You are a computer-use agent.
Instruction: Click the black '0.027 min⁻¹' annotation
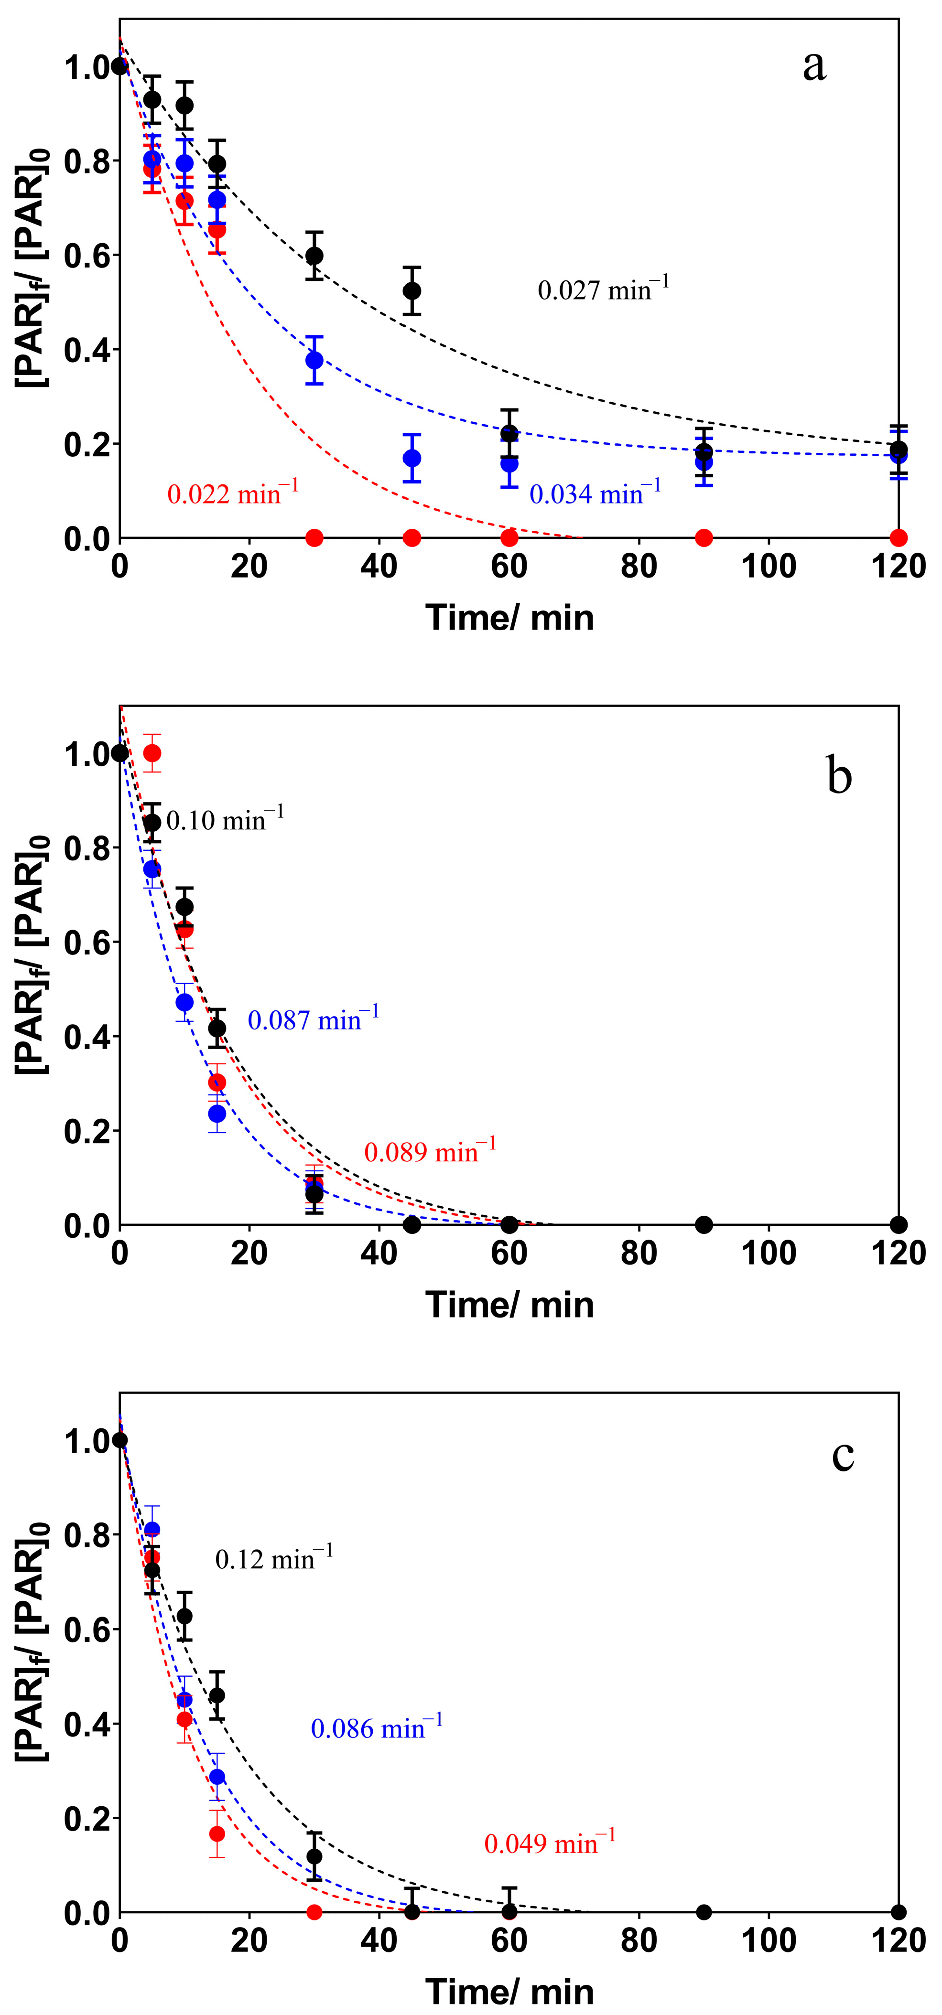point(603,290)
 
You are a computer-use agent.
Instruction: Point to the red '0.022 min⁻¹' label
point(232,493)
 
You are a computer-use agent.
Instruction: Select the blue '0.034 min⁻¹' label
point(595,493)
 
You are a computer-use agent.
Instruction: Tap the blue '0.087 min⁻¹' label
point(313,1020)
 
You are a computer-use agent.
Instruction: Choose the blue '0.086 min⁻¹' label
point(376,1728)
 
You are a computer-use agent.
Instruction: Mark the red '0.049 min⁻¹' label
point(549,1844)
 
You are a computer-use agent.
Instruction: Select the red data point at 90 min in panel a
point(704,537)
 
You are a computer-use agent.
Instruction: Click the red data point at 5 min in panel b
point(152,752)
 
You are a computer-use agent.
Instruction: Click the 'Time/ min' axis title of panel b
point(509,1305)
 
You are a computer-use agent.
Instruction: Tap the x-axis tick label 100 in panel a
point(769,566)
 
